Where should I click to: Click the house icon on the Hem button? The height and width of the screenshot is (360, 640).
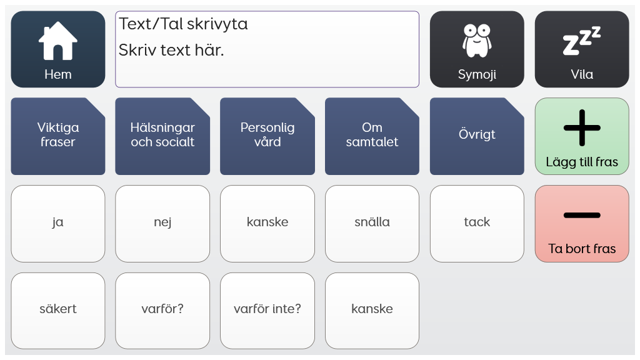pyautogui.click(x=58, y=41)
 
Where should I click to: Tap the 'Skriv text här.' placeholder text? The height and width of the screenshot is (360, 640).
pyautogui.click(x=171, y=50)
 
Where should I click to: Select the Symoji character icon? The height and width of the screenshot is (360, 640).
pyautogui.click(x=477, y=41)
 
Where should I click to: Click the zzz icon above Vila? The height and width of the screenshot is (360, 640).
pyautogui.click(x=582, y=41)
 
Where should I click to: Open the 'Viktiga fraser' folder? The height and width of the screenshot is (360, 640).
pyautogui.click(x=58, y=136)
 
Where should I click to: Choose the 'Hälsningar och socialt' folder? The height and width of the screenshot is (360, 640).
pyautogui.click(x=162, y=136)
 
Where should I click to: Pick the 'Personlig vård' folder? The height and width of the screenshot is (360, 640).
pyautogui.click(x=267, y=136)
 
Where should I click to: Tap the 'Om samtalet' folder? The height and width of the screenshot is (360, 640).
pyautogui.click(x=372, y=136)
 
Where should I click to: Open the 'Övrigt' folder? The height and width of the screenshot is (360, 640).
pyautogui.click(x=477, y=136)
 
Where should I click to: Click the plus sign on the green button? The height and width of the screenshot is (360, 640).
pyautogui.click(x=582, y=127)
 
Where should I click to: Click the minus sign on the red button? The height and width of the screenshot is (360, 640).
pyautogui.click(x=582, y=215)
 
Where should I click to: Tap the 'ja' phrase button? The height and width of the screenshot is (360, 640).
pyautogui.click(x=58, y=224)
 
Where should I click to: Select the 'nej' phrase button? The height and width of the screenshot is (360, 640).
pyautogui.click(x=162, y=224)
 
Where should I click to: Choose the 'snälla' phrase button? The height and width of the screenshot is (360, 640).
pyautogui.click(x=372, y=224)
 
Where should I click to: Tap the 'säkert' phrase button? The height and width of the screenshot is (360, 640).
pyautogui.click(x=58, y=311)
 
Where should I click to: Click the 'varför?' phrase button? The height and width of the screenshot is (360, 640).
pyautogui.click(x=162, y=311)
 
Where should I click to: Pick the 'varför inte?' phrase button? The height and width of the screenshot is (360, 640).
pyautogui.click(x=267, y=311)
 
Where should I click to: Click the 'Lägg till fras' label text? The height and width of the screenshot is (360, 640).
pyautogui.click(x=582, y=162)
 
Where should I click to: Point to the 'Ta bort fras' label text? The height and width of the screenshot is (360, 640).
pyautogui.click(x=582, y=249)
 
